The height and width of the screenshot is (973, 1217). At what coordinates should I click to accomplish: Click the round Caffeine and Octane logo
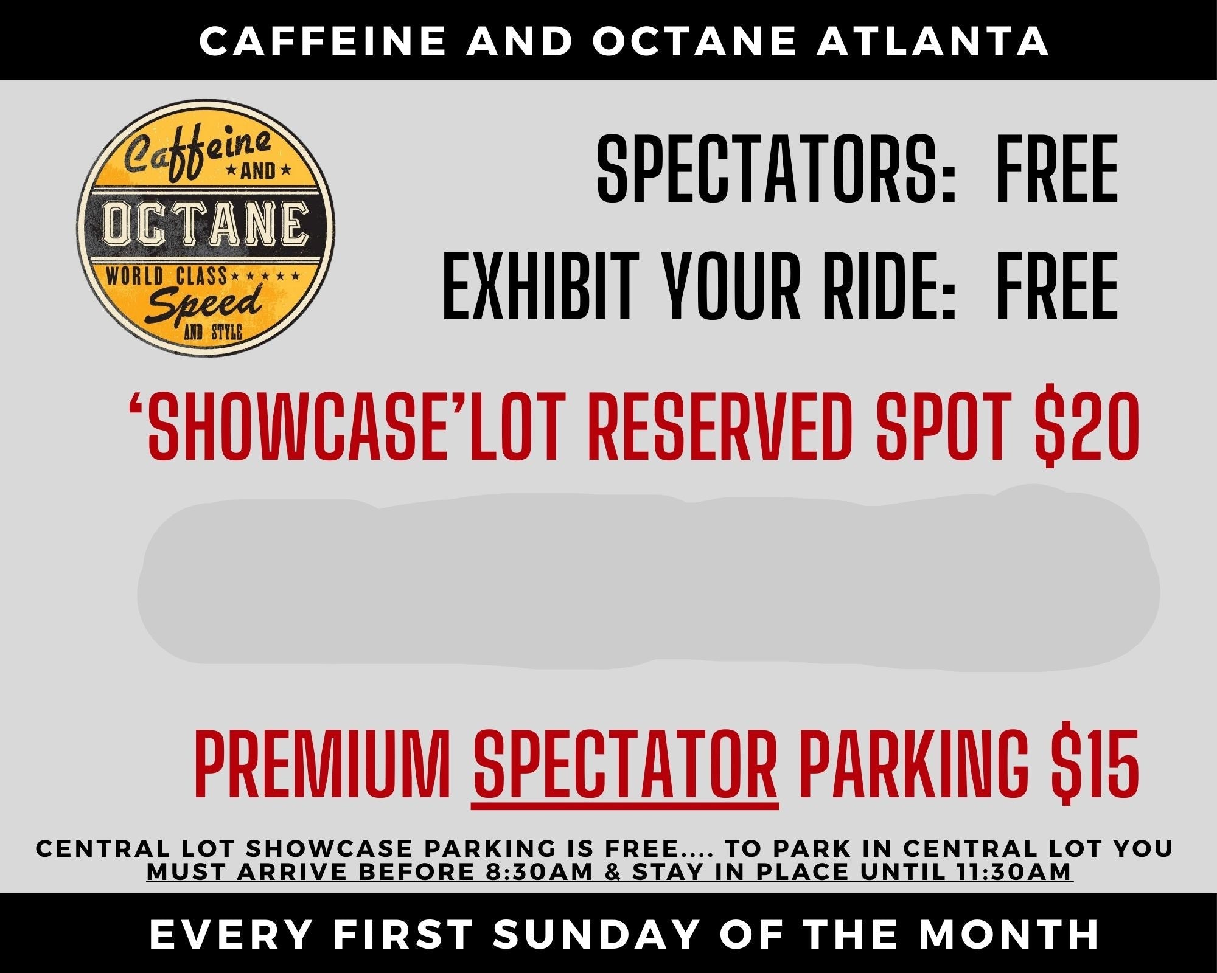pyautogui.click(x=206, y=227)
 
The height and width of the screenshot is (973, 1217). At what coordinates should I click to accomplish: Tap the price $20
pyautogui.click(x=1087, y=426)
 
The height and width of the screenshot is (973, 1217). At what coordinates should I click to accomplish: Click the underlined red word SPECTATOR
pyautogui.click(x=626, y=764)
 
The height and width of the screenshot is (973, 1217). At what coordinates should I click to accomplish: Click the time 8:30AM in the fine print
pyautogui.click(x=540, y=871)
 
